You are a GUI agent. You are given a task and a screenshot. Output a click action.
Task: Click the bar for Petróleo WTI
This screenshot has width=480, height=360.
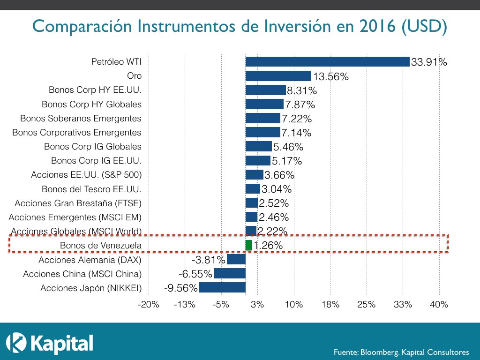point(327,61)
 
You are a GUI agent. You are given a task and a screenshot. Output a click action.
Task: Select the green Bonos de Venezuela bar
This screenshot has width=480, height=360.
point(248,245)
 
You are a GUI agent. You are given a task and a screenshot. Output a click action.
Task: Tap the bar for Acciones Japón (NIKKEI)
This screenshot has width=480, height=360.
point(222,287)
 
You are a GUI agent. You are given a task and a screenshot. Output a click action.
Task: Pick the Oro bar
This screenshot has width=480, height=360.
point(278,76)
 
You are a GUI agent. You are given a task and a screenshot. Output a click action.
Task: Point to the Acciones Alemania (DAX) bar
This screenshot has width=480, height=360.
point(236,259)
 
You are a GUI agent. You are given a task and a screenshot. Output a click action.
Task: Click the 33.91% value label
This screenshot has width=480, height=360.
point(428,62)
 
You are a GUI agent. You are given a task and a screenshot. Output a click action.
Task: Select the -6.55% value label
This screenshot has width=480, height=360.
point(195,274)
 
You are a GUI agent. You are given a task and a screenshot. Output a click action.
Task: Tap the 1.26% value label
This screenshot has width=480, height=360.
point(268,245)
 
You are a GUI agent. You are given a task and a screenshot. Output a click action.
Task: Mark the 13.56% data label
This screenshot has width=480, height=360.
point(330,76)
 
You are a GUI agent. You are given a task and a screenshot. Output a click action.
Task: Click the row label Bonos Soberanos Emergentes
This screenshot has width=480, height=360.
point(81,118)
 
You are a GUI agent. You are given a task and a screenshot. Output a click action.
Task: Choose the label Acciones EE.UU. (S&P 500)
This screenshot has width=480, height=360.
point(86,175)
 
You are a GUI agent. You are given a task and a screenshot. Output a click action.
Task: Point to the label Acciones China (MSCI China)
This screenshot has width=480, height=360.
point(82,274)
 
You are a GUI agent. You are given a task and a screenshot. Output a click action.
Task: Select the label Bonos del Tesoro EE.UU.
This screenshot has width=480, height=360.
point(91,189)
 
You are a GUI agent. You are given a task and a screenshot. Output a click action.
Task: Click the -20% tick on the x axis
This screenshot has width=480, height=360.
point(148,305)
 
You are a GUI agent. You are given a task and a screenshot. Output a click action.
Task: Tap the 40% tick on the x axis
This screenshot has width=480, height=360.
point(439,305)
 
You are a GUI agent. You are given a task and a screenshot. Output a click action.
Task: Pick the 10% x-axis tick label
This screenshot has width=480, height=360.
point(293,305)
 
